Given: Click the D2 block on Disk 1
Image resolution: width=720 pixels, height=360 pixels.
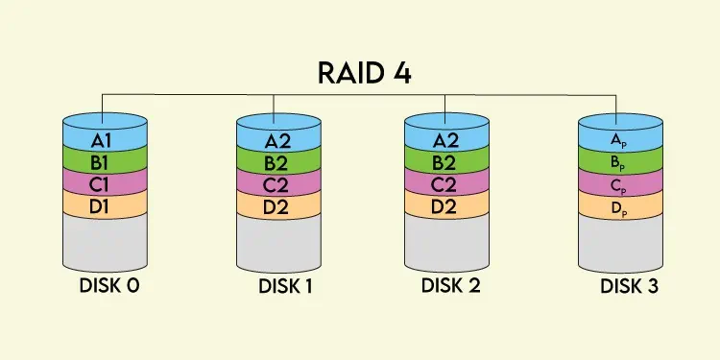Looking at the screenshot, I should (278, 204).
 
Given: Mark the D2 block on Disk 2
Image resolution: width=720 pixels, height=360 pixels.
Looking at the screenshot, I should (444, 204).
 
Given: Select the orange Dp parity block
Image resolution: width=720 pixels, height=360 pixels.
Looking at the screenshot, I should (619, 204).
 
